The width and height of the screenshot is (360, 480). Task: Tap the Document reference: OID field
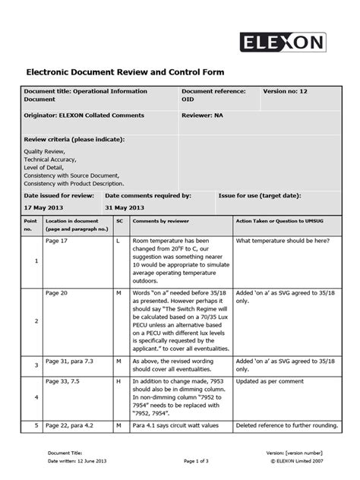(213, 95)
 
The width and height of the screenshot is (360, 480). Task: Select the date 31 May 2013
(125, 207)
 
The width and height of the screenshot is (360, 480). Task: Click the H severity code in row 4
(118, 381)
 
